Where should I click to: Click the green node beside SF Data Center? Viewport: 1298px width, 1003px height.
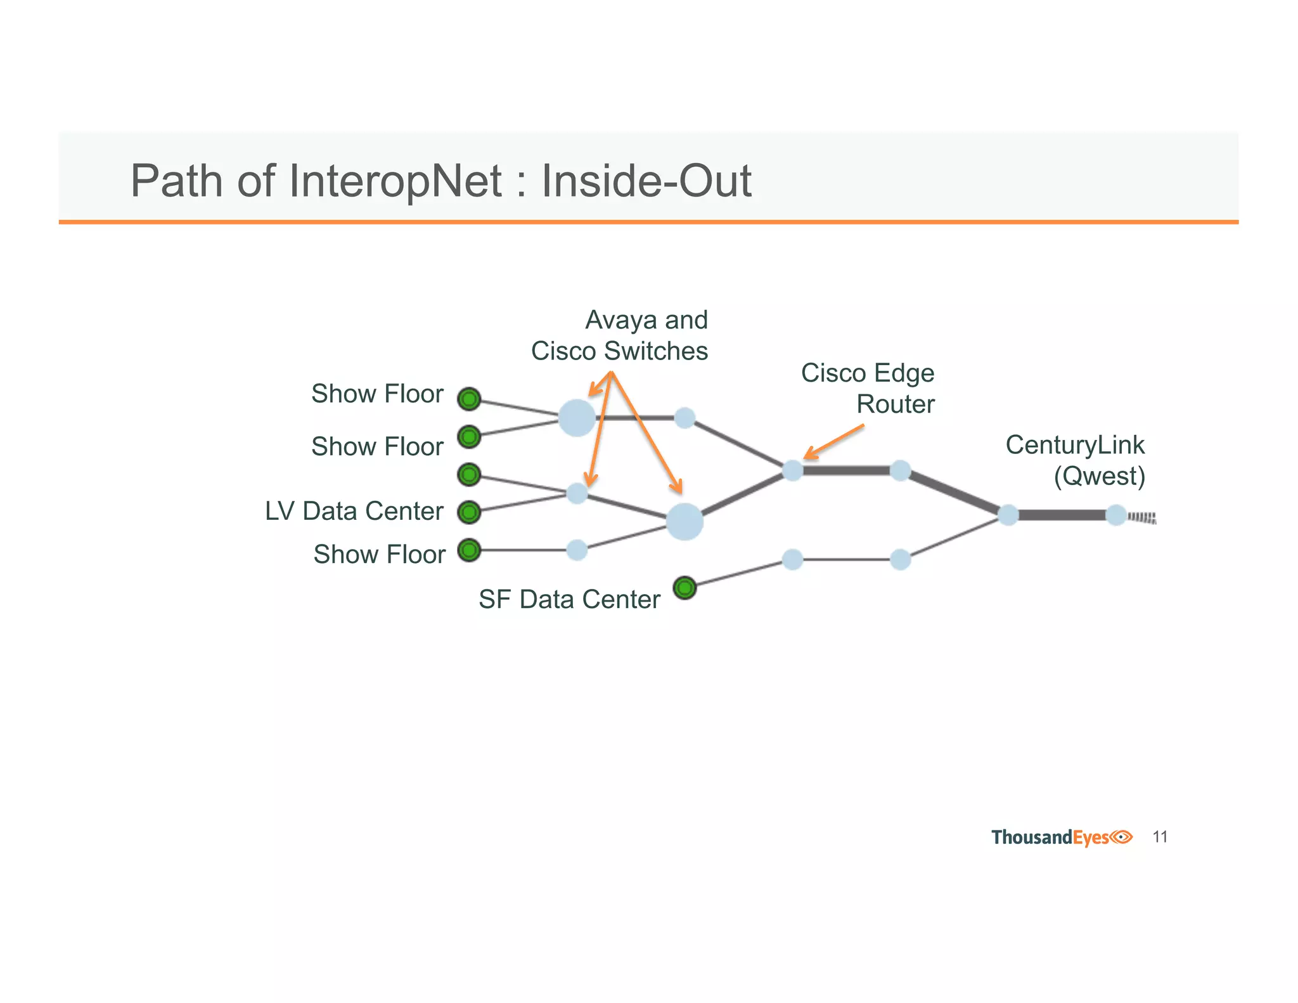684,588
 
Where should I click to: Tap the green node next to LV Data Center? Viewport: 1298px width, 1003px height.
469,512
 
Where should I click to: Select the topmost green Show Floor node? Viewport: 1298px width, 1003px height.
469,399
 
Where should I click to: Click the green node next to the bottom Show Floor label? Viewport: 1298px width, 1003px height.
469,550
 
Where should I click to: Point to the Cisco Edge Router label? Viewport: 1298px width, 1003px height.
868,388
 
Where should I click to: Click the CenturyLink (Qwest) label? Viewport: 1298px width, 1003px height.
1076,460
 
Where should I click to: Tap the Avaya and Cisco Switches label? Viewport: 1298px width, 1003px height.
620,335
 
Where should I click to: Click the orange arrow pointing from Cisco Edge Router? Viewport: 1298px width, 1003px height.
834,441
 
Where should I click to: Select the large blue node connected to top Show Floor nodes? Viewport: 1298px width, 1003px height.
577,418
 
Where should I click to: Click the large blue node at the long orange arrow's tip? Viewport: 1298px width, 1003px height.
684,522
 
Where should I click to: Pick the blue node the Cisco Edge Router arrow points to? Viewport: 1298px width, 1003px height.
792,470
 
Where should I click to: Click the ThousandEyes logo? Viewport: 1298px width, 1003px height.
1062,837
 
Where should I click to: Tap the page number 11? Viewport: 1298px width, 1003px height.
1160,837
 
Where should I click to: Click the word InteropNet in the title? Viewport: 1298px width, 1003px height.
395,181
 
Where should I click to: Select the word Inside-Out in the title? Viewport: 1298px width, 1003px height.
646,181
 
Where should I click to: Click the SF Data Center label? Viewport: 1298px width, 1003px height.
569,599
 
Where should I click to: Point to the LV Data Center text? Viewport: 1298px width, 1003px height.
354,511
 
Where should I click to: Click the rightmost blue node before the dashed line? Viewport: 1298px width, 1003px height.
1116,515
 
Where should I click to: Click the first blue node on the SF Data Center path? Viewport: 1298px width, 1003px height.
792,559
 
